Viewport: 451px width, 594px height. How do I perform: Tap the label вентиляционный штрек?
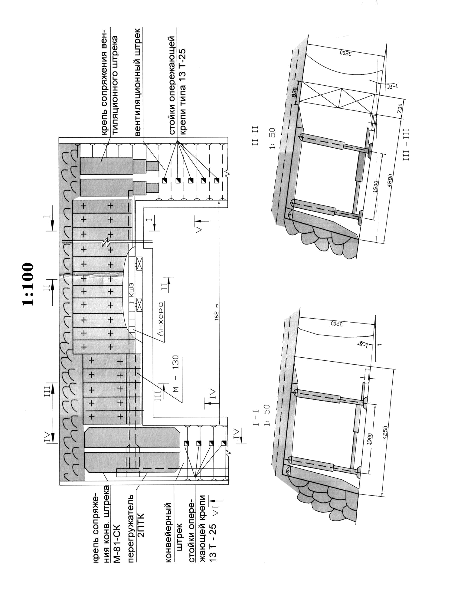tap(137, 82)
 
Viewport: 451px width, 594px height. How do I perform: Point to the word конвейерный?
tap(168, 533)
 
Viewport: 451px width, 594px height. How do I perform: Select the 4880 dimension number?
tap(390, 180)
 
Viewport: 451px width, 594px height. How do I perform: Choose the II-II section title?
tap(256, 136)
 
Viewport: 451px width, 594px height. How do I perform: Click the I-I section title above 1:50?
tap(256, 418)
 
